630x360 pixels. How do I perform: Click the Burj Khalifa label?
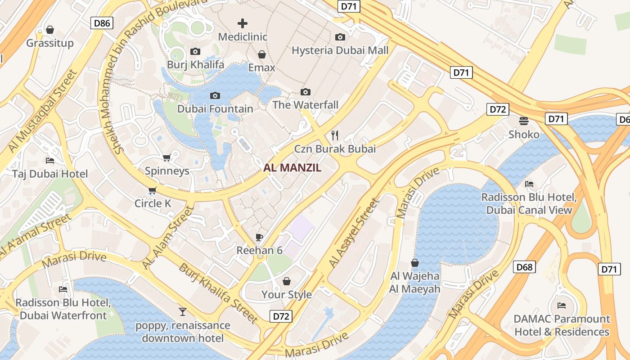click(195, 64)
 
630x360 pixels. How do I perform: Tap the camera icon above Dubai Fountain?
click(215, 95)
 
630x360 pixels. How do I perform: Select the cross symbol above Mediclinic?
click(243, 23)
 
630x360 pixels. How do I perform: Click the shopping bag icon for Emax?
click(261, 54)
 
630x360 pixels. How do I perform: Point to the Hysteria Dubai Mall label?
click(340, 50)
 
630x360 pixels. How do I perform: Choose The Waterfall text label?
click(305, 105)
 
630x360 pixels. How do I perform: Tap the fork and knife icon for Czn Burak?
click(334, 135)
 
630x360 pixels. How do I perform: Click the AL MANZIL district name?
click(292, 168)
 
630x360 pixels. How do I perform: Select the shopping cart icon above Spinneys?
click(166, 157)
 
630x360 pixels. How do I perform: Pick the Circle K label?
click(153, 203)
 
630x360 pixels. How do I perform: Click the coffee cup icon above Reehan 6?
click(259, 237)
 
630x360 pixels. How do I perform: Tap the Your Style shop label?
click(287, 294)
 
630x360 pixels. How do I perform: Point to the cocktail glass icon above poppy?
click(182, 312)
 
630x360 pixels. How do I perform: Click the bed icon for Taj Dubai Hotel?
click(50, 161)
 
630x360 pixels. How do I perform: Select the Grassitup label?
click(50, 43)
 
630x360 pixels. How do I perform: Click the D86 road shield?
click(102, 23)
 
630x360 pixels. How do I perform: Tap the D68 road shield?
click(524, 267)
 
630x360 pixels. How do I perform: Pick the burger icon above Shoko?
click(523, 121)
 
